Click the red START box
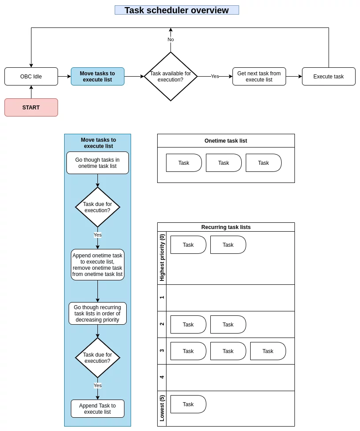pos(31,108)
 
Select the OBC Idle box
pos(31,77)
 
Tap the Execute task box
pos(329,77)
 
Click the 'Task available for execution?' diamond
pos(170,77)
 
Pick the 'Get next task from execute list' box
pos(259,77)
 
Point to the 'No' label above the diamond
pos(170,39)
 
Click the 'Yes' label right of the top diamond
pos(215,76)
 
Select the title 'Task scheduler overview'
pos(177,10)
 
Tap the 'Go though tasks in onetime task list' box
pos(97,163)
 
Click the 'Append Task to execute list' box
pos(97,409)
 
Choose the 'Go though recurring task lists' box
pos(97,313)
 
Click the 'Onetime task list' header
pos(226,141)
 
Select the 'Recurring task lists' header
pos(226,227)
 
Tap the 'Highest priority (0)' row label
pos(162,257)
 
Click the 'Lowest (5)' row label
pos(162,408)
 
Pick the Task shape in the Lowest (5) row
pos(188,404)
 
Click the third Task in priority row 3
pos(268,351)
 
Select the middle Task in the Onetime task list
pos(224,163)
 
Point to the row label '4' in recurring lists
pos(162,377)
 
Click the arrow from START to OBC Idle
pos(31,92)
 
